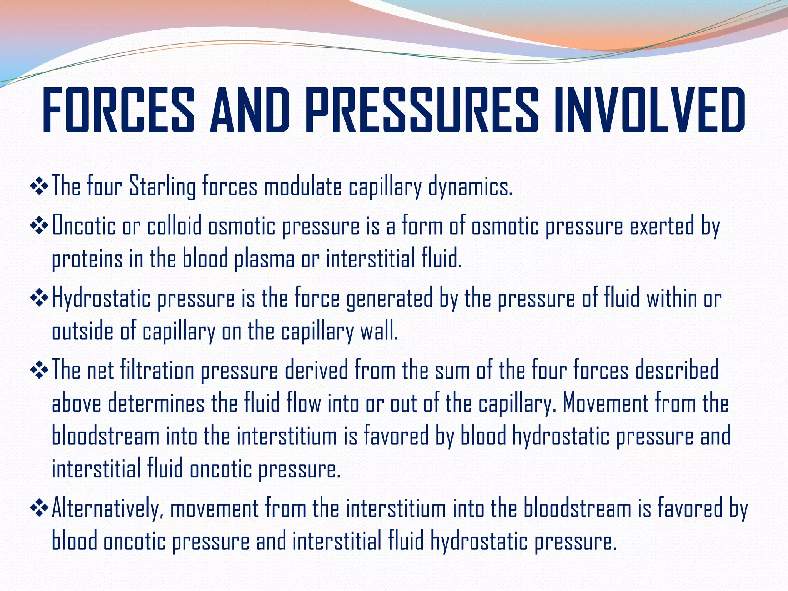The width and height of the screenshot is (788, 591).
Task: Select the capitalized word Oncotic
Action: (x=83, y=226)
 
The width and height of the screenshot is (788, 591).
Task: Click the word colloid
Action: (x=174, y=226)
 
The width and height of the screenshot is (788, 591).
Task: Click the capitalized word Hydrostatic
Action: (x=101, y=299)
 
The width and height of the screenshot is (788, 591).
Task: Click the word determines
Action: (x=156, y=404)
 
